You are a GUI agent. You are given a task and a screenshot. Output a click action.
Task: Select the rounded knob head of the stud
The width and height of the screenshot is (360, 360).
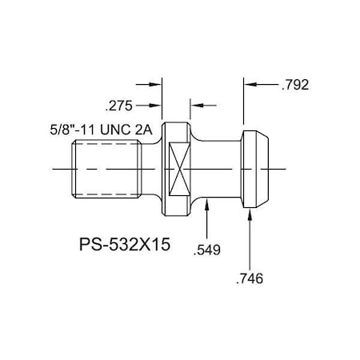[x=256, y=169]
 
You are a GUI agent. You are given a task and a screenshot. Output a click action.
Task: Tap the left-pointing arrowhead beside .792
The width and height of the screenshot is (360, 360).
[x=249, y=83]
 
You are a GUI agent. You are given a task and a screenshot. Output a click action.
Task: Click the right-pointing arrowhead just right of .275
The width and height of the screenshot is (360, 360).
[x=157, y=104]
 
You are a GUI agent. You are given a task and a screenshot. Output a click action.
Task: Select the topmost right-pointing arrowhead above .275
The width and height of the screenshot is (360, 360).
[x=157, y=83]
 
